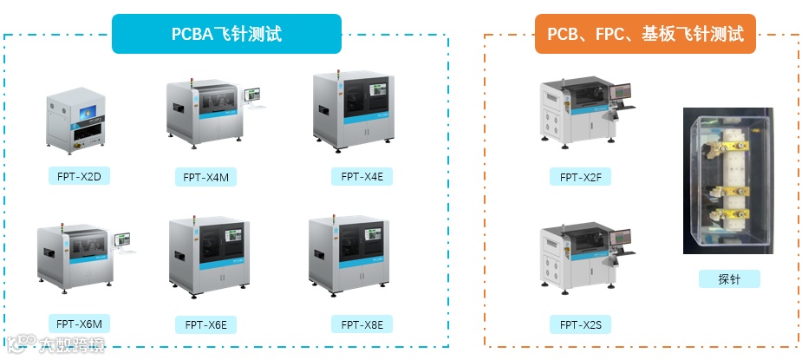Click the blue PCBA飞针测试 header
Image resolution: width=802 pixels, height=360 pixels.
(226, 34)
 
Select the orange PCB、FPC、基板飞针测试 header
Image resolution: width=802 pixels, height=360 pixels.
(645, 34)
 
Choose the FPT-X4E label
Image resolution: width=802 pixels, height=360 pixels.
(362, 176)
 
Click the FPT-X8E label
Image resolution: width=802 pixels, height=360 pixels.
(362, 324)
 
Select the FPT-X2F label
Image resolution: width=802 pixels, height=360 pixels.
(580, 177)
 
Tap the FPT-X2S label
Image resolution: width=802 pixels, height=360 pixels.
(580, 324)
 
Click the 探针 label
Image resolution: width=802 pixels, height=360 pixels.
(728, 278)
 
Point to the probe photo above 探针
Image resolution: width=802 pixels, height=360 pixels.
(727, 180)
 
